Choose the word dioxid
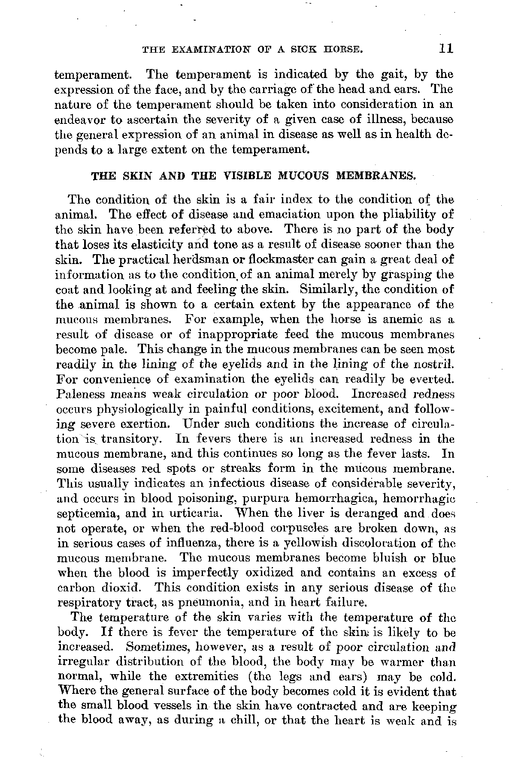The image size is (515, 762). (125, 588)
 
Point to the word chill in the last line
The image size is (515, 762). (243, 721)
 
